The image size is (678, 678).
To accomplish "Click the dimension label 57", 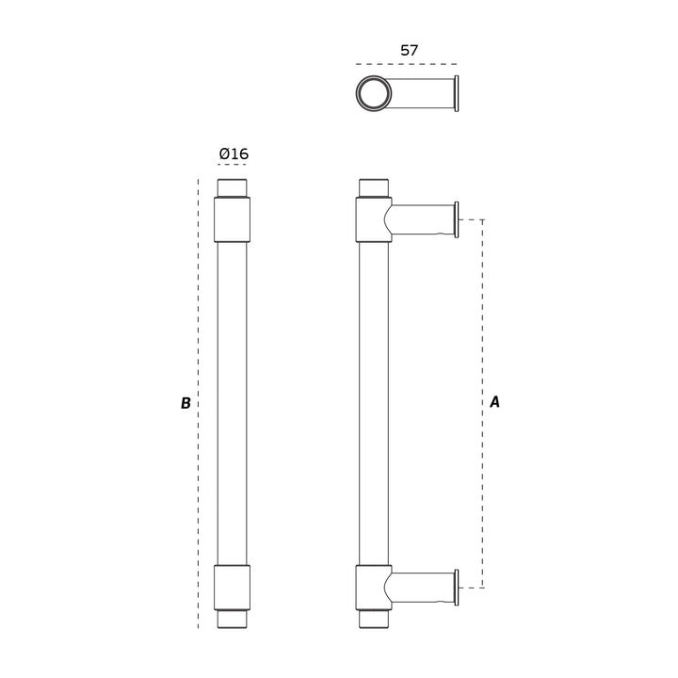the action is point(409,51).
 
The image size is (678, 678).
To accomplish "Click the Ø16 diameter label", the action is point(234,153).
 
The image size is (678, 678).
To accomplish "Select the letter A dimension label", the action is point(494,402).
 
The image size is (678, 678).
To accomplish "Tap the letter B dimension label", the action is point(186,403).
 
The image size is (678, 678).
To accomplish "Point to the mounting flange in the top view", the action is point(457,93).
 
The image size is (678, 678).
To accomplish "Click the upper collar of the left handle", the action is point(233,219).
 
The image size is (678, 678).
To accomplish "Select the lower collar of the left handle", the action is point(233,588).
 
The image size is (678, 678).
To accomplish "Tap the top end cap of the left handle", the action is point(233,188).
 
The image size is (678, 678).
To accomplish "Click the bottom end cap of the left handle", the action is point(233,619).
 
